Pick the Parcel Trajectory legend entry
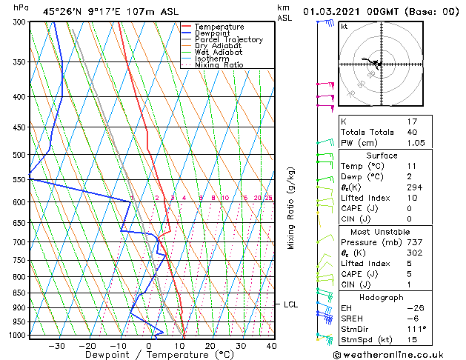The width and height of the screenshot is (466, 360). pos(228,40)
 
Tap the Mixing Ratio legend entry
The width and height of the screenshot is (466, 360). pos(219,65)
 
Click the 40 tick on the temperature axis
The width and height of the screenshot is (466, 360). pos(271,345)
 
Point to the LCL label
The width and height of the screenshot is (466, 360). pos(290,304)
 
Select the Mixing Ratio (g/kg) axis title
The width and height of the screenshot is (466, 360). pos(291,208)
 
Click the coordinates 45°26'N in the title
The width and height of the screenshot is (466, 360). pos(62,12)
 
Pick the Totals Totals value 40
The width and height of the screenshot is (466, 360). pos(413,133)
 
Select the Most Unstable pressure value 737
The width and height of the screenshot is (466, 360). pos(415,242)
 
